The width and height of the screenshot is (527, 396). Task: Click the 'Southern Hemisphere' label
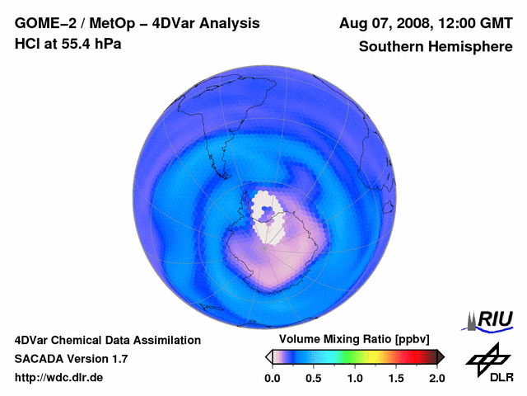point(435,47)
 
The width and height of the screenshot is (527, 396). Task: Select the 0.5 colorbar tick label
point(313,378)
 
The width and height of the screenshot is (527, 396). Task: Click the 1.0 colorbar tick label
point(355,378)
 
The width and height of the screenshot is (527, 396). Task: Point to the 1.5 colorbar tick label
point(396,378)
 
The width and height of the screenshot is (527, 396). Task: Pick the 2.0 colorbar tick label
point(437,378)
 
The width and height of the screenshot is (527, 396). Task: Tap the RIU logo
point(491,319)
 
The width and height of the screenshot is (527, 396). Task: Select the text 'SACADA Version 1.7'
point(72,359)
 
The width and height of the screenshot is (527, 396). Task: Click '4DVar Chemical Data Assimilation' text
point(108,340)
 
